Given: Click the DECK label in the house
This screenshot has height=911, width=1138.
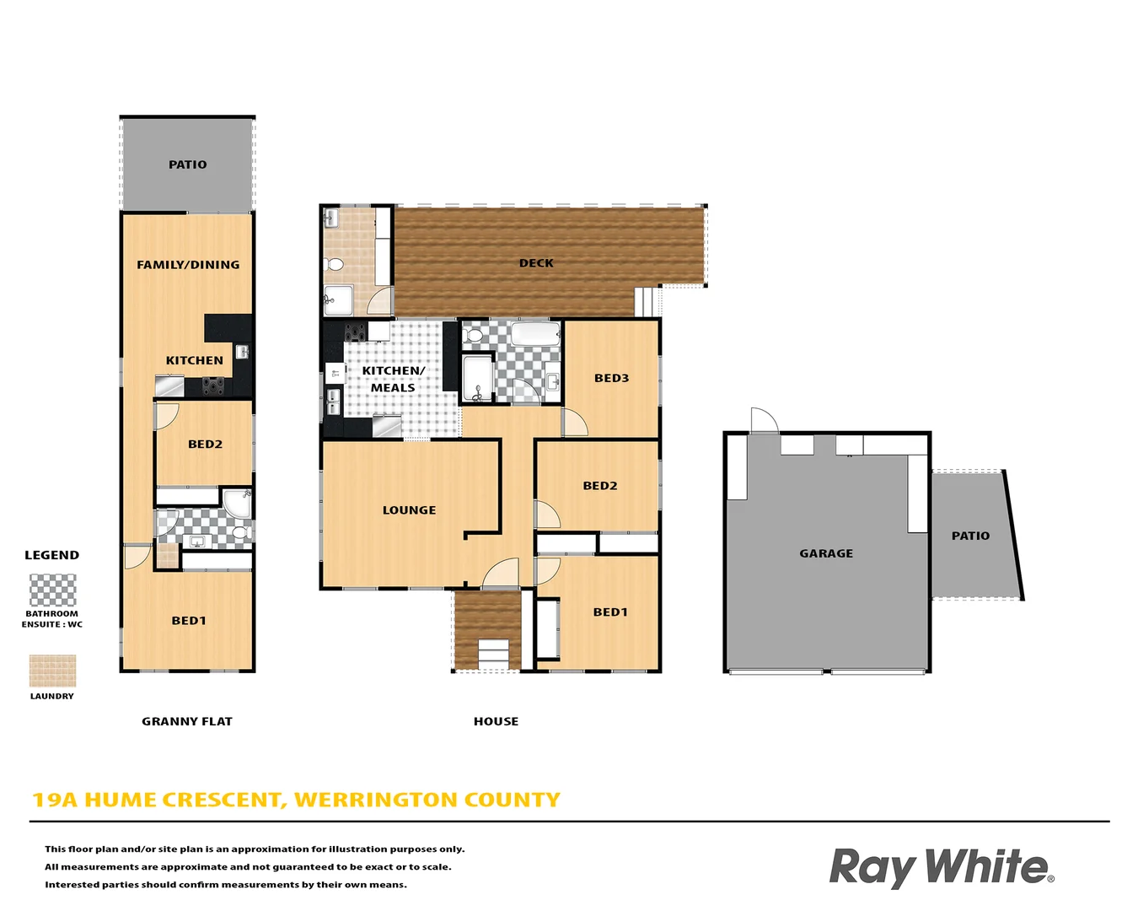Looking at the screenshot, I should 536,263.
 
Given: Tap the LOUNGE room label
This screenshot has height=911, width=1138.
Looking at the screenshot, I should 409,510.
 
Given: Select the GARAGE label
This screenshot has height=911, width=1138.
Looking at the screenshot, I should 826,553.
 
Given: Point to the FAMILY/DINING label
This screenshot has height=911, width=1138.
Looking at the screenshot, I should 188,265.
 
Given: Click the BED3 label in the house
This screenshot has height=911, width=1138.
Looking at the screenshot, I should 611,378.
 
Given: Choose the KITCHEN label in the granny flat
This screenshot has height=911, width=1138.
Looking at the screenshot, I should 194,360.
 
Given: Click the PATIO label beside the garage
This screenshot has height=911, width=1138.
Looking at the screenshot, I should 970,536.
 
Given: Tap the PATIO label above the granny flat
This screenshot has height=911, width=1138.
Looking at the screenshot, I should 187,164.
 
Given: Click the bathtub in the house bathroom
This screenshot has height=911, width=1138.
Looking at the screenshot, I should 535,334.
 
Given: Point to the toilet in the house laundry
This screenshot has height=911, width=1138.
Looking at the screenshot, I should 335,265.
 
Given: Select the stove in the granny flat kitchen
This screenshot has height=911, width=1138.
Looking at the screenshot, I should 213,385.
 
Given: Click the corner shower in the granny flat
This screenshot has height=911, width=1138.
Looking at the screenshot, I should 237,503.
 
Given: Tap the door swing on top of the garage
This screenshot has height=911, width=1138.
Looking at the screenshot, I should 763,419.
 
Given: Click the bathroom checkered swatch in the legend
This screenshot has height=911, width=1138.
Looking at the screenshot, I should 52,590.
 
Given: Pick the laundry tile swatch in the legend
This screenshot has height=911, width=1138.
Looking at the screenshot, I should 52,671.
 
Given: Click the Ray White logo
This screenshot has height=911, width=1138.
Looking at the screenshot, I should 941,867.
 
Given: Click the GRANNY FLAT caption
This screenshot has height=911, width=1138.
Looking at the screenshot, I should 186,721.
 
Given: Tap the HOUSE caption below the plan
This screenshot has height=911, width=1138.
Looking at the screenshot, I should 496,721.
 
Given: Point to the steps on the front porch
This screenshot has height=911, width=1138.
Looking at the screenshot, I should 493,654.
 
